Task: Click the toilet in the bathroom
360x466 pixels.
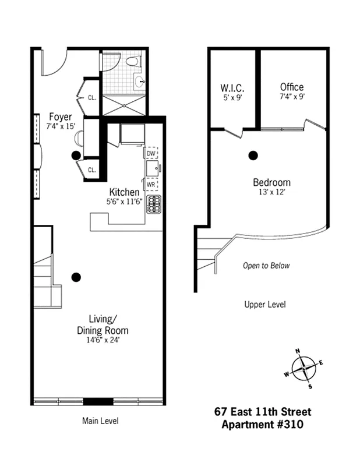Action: (133, 61)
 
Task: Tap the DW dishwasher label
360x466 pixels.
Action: (151, 153)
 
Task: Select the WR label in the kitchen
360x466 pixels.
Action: (151, 185)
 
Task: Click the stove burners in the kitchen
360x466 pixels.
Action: (154, 204)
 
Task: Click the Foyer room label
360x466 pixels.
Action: (60, 116)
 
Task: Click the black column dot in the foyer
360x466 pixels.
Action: (75, 155)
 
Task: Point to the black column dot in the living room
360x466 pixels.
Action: (75, 277)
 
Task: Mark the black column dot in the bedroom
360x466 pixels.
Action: (253, 156)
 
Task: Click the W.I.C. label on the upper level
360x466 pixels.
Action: (232, 88)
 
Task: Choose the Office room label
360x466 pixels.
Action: (291, 87)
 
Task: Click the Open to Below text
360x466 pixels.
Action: (266, 266)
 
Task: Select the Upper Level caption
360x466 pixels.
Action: (266, 304)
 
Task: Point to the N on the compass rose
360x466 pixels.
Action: (298, 351)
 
